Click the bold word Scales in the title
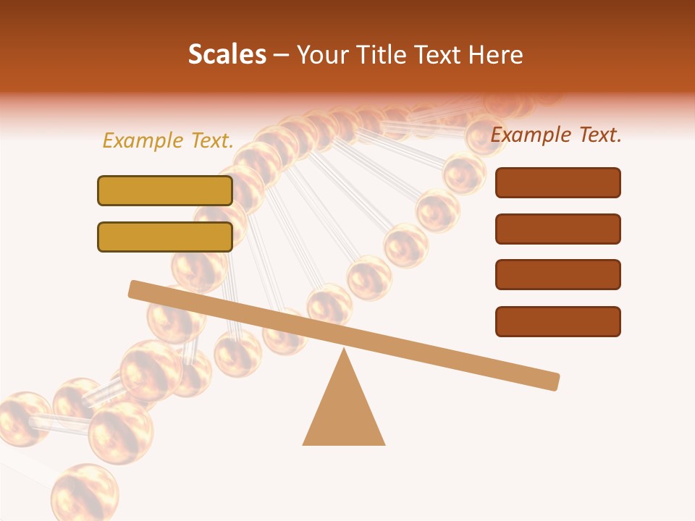click(x=227, y=54)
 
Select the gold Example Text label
click(x=168, y=141)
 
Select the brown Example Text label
click(x=556, y=135)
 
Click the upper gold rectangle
click(x=165, y=190)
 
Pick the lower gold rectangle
click(x=165, y=237)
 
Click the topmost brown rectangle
click(x=557, y=182)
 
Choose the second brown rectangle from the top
click(x=557, y=229)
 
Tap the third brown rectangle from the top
click(x=557, y=274)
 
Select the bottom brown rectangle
click(x=557, y=321)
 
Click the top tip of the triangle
click(x=344, y=350)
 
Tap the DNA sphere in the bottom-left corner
click(x=84, y=492)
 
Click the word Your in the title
click(x=323, y=54)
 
